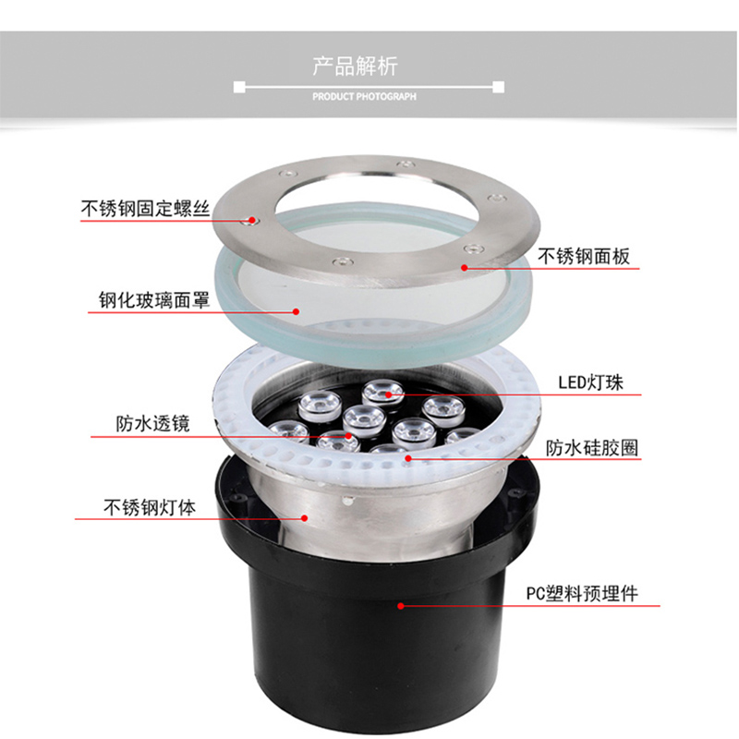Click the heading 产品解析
[x=368, y=67]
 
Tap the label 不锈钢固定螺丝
[x=144, y=209]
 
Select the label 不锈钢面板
[x=585, y=256]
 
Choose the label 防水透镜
[x=152, y=424]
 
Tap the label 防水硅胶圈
[x=592, y=448]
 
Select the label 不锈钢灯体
[x=149, y=507]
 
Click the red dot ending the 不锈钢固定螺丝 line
[x=248, y=221]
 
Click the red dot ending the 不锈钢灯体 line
[x=304, y=519]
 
